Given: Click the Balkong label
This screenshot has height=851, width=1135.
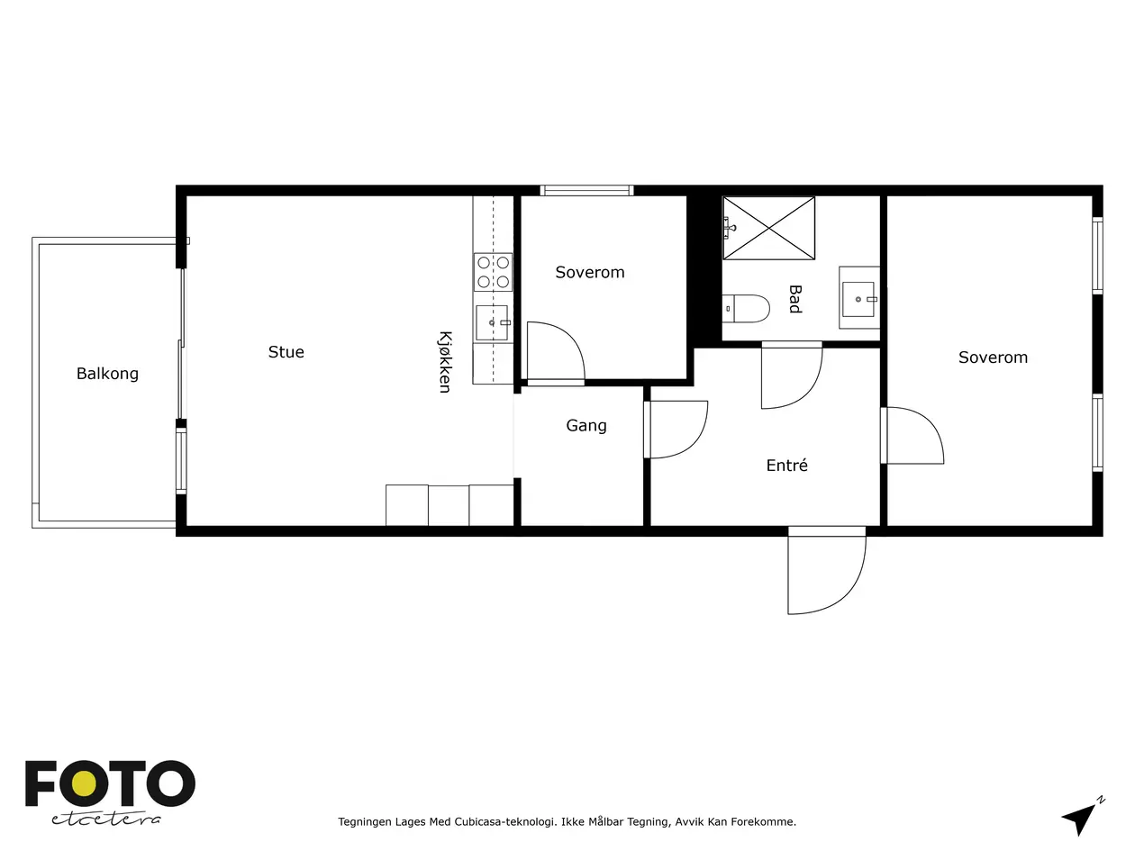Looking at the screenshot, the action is pyautogui.click(x=107, y=374).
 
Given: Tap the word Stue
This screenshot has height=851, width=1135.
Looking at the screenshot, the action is pyautogui.click(x=286, y=352).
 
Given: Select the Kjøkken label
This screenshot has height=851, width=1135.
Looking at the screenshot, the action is pyautogui.click(x=445, y=362).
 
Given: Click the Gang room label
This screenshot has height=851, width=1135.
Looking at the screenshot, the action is pyautogui.click(x=586, y=426).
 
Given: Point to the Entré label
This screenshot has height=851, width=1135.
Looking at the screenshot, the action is pyautogui.click(x=786, y=465).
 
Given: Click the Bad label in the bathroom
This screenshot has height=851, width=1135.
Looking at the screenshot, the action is pyautogui.click(x=794, y=299).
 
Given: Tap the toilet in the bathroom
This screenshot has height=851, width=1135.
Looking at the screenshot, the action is pyautogui.click(x=746, y=309).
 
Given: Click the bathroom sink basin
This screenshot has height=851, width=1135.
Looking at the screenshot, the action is pyautogui.click(x=858, y=298).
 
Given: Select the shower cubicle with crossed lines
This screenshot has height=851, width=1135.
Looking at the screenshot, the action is pyautogui.click(x=768, y=228).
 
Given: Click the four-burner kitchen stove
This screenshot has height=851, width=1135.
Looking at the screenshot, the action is pyautogui.click(x=493, y=272).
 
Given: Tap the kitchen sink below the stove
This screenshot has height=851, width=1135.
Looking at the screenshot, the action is pyautogui.click(x=492, y=323).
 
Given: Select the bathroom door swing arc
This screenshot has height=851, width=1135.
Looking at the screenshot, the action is pyautogui.click(x=792, y=376).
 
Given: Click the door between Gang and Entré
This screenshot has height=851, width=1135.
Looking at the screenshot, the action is pyautogui.click(x=676, y=430).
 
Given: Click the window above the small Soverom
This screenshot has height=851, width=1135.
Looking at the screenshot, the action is pyautogui.click(x=587, y=190).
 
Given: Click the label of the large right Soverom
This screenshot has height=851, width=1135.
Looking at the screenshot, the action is pyautogui.click(x=993, y=358).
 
